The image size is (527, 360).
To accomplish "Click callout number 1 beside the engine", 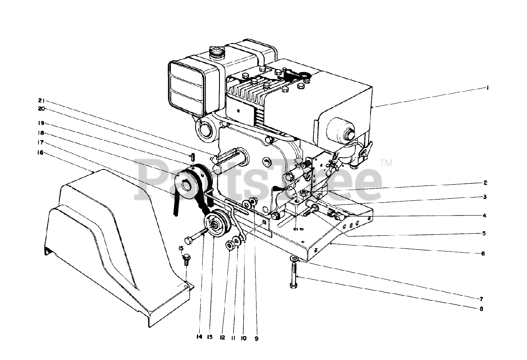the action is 487,88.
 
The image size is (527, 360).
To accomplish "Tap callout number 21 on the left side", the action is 42,101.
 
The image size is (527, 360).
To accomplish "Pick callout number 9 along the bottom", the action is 256,338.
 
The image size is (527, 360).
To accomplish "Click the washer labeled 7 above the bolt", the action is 295,258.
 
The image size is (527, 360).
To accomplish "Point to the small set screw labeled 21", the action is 192,157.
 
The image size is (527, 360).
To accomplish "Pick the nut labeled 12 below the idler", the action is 230,245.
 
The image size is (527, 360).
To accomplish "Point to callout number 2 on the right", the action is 485,182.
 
